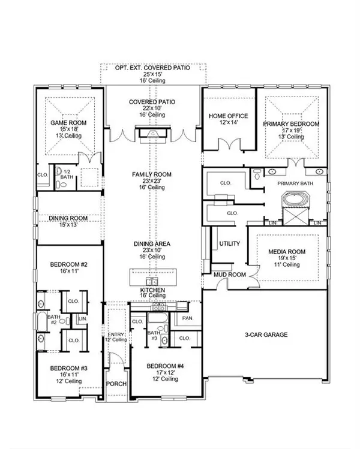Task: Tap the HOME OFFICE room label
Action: (x=228, y=116)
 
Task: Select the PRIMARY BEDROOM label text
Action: (x=291, y=123)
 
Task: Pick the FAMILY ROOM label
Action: (x=152, y=174)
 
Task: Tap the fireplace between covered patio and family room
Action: (x=152, y=132)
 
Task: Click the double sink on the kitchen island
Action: (x=149, y=281)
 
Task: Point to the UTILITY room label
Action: (x=229, y=244)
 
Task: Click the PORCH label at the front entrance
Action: (x=116, y=384)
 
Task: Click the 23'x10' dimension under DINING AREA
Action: (x=152, y=251)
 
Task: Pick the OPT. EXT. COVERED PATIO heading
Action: (x=152, y=68)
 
